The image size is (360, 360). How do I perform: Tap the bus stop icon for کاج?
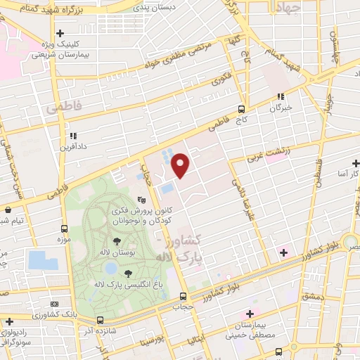pyautogui.click(x=242, y=109)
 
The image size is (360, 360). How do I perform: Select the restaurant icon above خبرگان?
pyautogui.click(x=281, y=96)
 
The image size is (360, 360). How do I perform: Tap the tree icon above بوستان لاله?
pyautogui.click(x=117, y=241)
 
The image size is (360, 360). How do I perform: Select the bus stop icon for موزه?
pyautogui.click(x=65, y=229)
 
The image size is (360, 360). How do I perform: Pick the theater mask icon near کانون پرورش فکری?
pyautogui.click(x=141, y=200)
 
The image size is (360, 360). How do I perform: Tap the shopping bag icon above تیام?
pyautogui.click(x=8, y=209)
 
